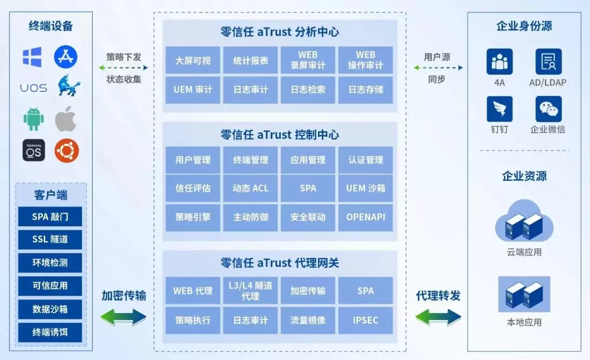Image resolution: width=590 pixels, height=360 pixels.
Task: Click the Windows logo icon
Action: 32,57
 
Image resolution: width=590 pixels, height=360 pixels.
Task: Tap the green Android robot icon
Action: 34,120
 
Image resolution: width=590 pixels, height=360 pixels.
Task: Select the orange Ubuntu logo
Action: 67,151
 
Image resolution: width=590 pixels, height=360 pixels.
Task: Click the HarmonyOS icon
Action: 34,150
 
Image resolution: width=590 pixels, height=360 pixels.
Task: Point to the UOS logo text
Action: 34,88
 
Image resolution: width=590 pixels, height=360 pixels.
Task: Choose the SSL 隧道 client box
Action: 50,239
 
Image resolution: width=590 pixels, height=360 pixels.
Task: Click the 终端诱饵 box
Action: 50,332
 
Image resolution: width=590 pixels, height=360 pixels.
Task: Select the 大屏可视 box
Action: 193,61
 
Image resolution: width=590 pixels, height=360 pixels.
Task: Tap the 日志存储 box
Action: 366,90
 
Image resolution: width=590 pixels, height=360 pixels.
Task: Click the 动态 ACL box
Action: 251,188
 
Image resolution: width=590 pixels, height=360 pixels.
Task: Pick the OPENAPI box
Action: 366,217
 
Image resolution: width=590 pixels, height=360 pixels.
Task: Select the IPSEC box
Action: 366,320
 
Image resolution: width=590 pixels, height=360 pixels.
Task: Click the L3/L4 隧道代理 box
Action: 251,291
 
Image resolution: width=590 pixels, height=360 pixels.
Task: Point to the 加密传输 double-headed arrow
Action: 123,317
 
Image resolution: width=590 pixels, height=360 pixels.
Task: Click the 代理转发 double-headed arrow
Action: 438,317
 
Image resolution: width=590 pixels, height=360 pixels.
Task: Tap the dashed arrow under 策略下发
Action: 123,68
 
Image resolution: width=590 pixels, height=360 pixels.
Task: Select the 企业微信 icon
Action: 548,109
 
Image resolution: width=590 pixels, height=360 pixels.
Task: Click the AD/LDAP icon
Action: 548,61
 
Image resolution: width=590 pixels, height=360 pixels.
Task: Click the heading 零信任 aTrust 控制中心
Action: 279,135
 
